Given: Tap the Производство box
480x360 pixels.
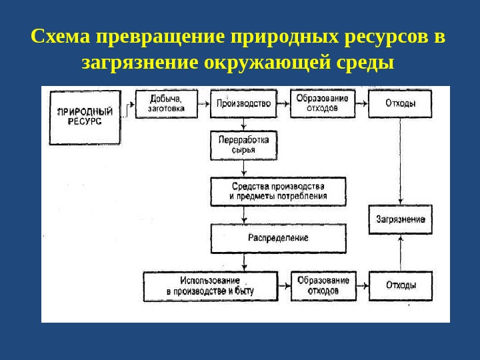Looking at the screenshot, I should [244, 104].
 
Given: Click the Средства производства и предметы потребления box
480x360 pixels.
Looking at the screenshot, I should [278, 192].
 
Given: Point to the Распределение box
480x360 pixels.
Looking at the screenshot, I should [278, 238].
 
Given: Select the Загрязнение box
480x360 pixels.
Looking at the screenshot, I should [400, 219].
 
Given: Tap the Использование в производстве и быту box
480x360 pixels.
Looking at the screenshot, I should [211, 286].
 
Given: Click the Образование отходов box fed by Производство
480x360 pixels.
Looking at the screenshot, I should [323, 104].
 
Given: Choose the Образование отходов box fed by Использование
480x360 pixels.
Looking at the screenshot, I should [323, 286].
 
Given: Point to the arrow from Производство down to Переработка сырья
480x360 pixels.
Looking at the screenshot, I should [244, 125].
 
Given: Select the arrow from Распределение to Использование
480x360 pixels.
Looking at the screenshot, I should [244, 263].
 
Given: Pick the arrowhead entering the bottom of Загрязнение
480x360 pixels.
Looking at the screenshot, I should [400, 238].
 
